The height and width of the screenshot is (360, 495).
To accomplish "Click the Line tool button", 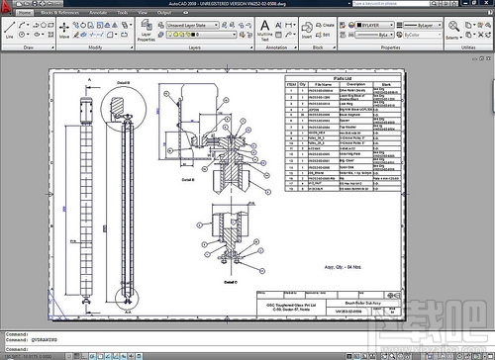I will point(10,33).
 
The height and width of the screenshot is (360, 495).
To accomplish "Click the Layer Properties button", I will point(147,36).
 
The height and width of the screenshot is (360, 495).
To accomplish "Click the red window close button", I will point(486,4).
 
